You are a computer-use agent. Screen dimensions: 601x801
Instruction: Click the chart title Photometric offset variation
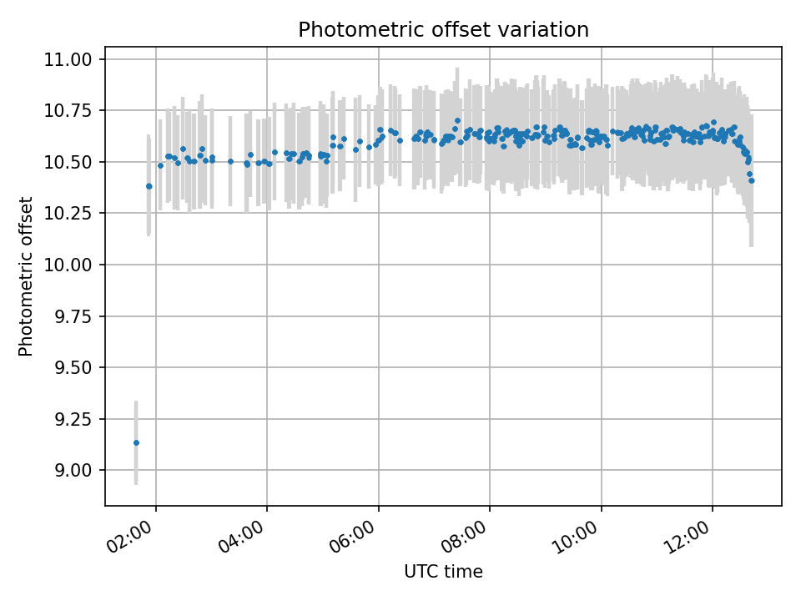click(x=443, y=30)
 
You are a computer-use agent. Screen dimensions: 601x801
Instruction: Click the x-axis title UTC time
click(x=443, y=572)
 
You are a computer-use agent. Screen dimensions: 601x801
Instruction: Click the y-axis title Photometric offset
click(x=26, y=276)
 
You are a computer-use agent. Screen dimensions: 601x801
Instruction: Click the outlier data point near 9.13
click(x=136, y=442)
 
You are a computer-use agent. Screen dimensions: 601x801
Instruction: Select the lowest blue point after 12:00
click(x=751, y=180)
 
